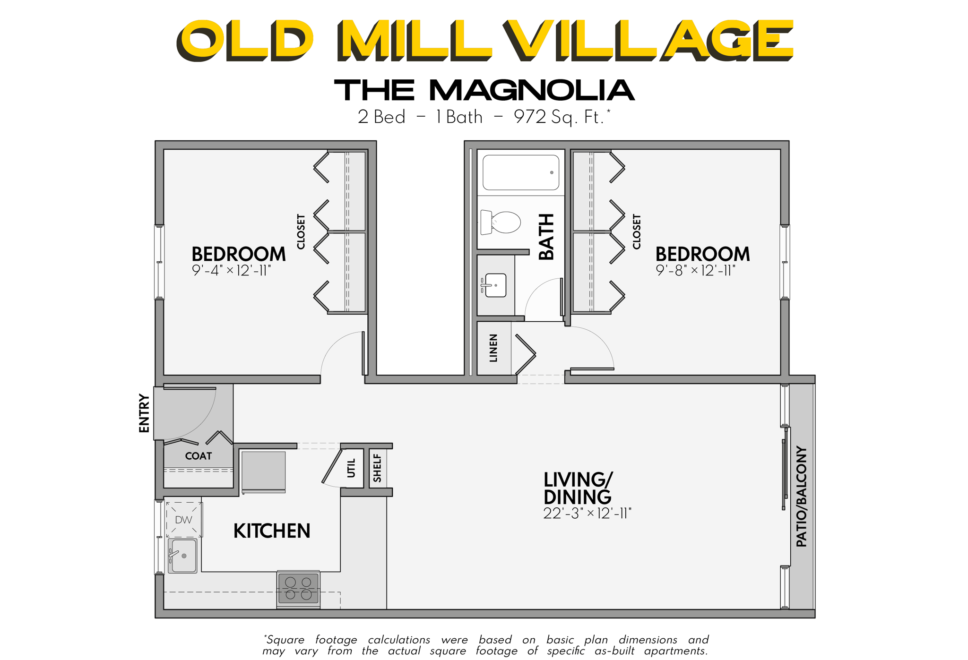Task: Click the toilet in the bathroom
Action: pos(501,222)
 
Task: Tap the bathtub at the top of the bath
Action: pos(520,172)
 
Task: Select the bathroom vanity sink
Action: pos(494,285)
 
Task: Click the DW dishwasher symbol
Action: pos(183,520)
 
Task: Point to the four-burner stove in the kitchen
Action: pos(298,589)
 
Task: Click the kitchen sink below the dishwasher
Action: pos(183,556)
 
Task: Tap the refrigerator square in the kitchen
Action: pos(263,471)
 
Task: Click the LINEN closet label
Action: pos(493,348)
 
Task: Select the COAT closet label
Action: pos(199,456)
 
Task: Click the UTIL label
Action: pos(351,468)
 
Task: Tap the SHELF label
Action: pos(377,468)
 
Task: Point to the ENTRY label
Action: pos(144,413)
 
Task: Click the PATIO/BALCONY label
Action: pos(802,497)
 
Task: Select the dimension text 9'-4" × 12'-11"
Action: pos(231,271)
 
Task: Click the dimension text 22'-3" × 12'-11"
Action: pos(587,514)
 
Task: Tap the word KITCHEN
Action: pos(272,531)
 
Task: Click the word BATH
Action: pos(546,237)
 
